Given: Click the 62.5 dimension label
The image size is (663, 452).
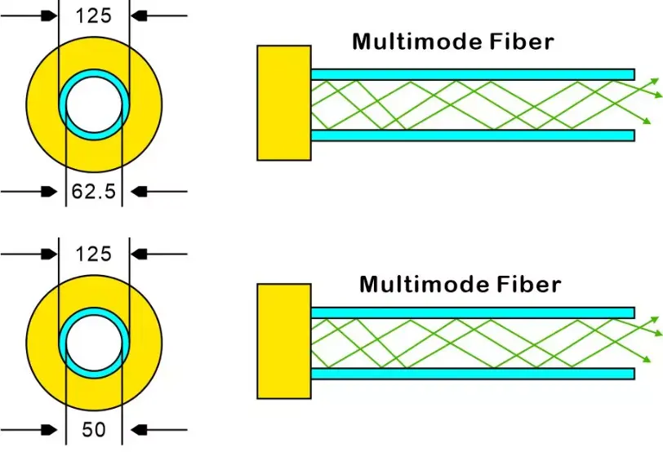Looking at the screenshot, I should point(93,193).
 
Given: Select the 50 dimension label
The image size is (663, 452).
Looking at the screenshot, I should point(94,429).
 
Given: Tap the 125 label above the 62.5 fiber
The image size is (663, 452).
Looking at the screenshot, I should point(93,15).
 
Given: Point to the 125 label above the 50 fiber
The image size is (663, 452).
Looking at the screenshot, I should point(93,254).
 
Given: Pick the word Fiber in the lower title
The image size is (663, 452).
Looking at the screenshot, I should point(529,284).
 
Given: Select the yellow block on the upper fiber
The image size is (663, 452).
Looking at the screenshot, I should point(283,102).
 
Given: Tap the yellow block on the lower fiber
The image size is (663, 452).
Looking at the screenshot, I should point(283,340).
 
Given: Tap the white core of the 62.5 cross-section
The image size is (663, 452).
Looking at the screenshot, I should point(94,106).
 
